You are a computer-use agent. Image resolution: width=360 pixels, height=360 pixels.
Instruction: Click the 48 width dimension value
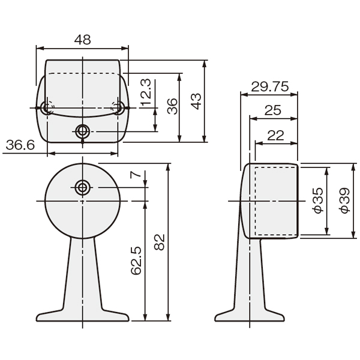[x=83, y=40]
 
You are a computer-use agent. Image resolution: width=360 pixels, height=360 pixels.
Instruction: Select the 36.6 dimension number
[x=20, y=145]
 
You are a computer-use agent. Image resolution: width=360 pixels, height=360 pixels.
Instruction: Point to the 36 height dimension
[x=172, y=106]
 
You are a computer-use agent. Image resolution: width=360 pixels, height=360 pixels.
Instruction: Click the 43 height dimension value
[x=196, y=101]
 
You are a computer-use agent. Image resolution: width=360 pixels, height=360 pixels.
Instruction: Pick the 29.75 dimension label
[x=270, y=87]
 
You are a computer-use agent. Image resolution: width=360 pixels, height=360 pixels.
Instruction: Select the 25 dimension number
[x=273, y=110]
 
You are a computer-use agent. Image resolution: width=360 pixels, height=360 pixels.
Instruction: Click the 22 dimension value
[x=275, y=136]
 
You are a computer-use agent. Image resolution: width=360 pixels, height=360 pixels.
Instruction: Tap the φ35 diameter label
[x=319, y=200]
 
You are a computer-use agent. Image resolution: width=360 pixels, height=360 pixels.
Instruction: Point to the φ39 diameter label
[x=345, y=200]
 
